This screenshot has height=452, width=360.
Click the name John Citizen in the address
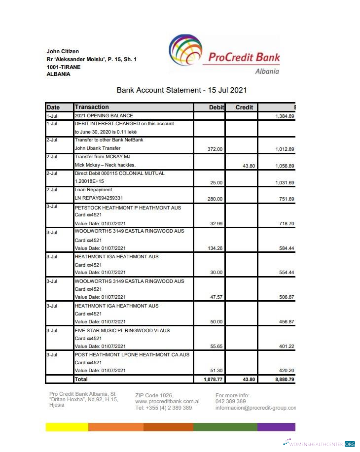point(63,51)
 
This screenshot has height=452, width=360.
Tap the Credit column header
point(244,107)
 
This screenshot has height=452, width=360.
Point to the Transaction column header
point(92,107)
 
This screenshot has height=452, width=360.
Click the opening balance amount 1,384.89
point(285,116)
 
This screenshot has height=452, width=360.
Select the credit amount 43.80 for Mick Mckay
point(249,166)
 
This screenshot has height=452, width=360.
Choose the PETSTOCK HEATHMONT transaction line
point(128,208)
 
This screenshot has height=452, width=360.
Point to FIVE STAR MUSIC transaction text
point(122,330)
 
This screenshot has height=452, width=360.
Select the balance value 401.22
point(286,347)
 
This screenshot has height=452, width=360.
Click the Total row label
point(81,379)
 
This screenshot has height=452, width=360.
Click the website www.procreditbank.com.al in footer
point(167,402)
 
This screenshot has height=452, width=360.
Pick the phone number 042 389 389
point(231,402)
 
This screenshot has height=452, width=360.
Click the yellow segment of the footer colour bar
point(67,427)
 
